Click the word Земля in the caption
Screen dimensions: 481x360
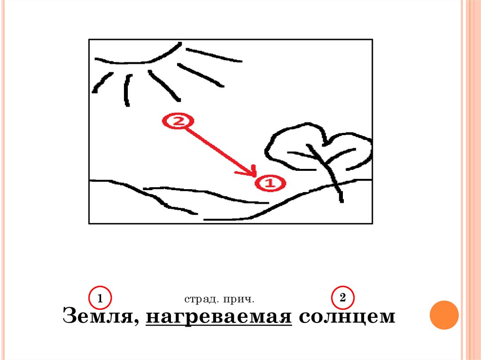pos(98,315)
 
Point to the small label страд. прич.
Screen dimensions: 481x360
pos(219,299)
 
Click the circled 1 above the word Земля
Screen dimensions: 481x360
pos(100,298)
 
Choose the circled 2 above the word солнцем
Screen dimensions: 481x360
pos(343,298)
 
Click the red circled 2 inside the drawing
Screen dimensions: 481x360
pos(178,121)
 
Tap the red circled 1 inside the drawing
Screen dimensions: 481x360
pos(270,184)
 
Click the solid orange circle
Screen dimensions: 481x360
pos(444,315)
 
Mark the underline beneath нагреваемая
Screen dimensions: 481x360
pos(219,324)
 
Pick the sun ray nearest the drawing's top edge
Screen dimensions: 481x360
pos(214,55)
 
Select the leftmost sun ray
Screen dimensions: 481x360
pos(103,83)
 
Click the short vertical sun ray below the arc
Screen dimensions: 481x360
pos(127,90)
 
